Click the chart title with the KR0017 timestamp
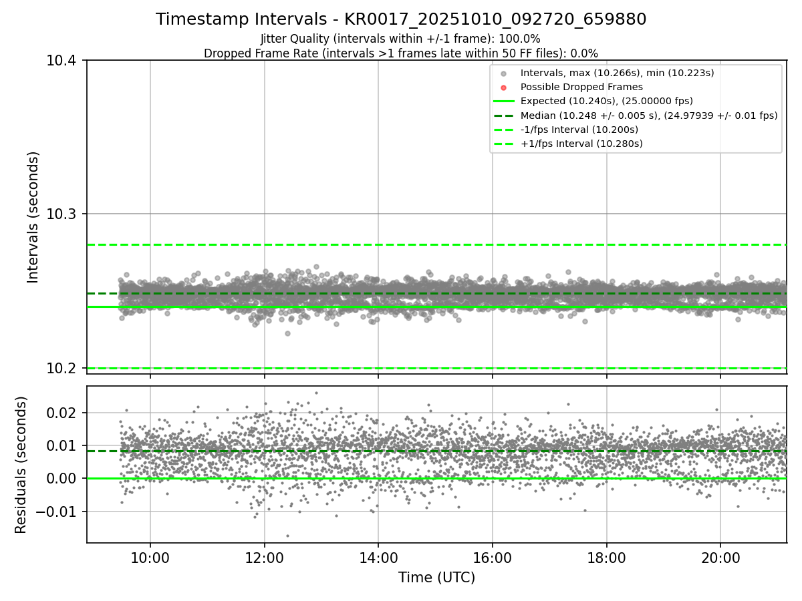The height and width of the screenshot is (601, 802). click(x=401, y=19)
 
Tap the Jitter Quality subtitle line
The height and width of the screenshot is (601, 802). click(x=401, y=39)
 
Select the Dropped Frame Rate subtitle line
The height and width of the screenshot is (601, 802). click(x=401, y=53)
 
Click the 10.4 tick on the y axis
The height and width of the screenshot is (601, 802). click(x=65, y=61)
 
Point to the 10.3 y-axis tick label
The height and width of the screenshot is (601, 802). click(x=65, y=214)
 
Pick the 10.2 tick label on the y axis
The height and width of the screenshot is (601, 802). click(x=65, y=368)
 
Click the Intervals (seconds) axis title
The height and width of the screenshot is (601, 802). click(x=33, y=217)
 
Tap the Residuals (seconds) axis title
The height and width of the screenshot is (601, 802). click(x=21, y=465)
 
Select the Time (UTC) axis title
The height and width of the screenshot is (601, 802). click(x=436, y=578)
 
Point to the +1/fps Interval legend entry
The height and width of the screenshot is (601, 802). click(x=579, y=144)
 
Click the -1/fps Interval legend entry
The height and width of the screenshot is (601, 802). click(x=579, y=130)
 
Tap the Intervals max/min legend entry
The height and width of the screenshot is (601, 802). click(x=617, y=73)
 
